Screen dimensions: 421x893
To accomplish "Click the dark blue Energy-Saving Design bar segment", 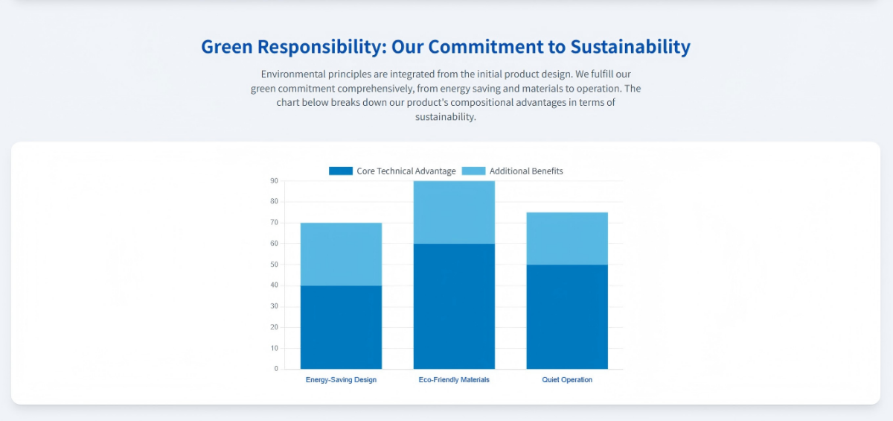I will [x=341, y=327].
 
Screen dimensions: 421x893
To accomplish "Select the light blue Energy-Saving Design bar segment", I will [x=341, y=254].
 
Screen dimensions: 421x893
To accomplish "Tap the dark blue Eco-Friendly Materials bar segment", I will [x=454, y=306].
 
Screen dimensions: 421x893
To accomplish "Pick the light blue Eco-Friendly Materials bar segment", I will [x=454, y=212].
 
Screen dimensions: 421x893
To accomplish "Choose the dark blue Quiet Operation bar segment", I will [x=567, y=317].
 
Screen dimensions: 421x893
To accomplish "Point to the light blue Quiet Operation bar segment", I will [x=567, y=238].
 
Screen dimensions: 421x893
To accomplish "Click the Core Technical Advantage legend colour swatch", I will [x=341, y=171].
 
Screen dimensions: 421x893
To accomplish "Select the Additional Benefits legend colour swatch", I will [x=473, y=171].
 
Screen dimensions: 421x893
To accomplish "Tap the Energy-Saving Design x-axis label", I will [x=341, y=380].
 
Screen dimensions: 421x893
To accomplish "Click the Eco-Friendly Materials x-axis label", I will [x=454, y=380].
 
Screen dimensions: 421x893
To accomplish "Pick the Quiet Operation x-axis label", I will [x=567, y=380].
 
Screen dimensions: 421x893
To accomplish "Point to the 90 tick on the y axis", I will [x=274, y=181].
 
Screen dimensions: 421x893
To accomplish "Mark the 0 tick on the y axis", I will [x=275, y=369].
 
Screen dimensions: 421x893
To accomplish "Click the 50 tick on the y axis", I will [x=274, y=265].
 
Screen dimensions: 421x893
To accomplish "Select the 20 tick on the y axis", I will [x=274, y=327].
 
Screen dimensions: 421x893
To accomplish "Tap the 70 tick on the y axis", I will [x=274, y=223].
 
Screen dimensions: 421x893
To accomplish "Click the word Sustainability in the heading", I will [x=630, y=47].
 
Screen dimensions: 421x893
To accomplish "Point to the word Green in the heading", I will [x=228, y=47].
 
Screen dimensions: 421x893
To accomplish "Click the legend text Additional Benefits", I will [x=526, y=171].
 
